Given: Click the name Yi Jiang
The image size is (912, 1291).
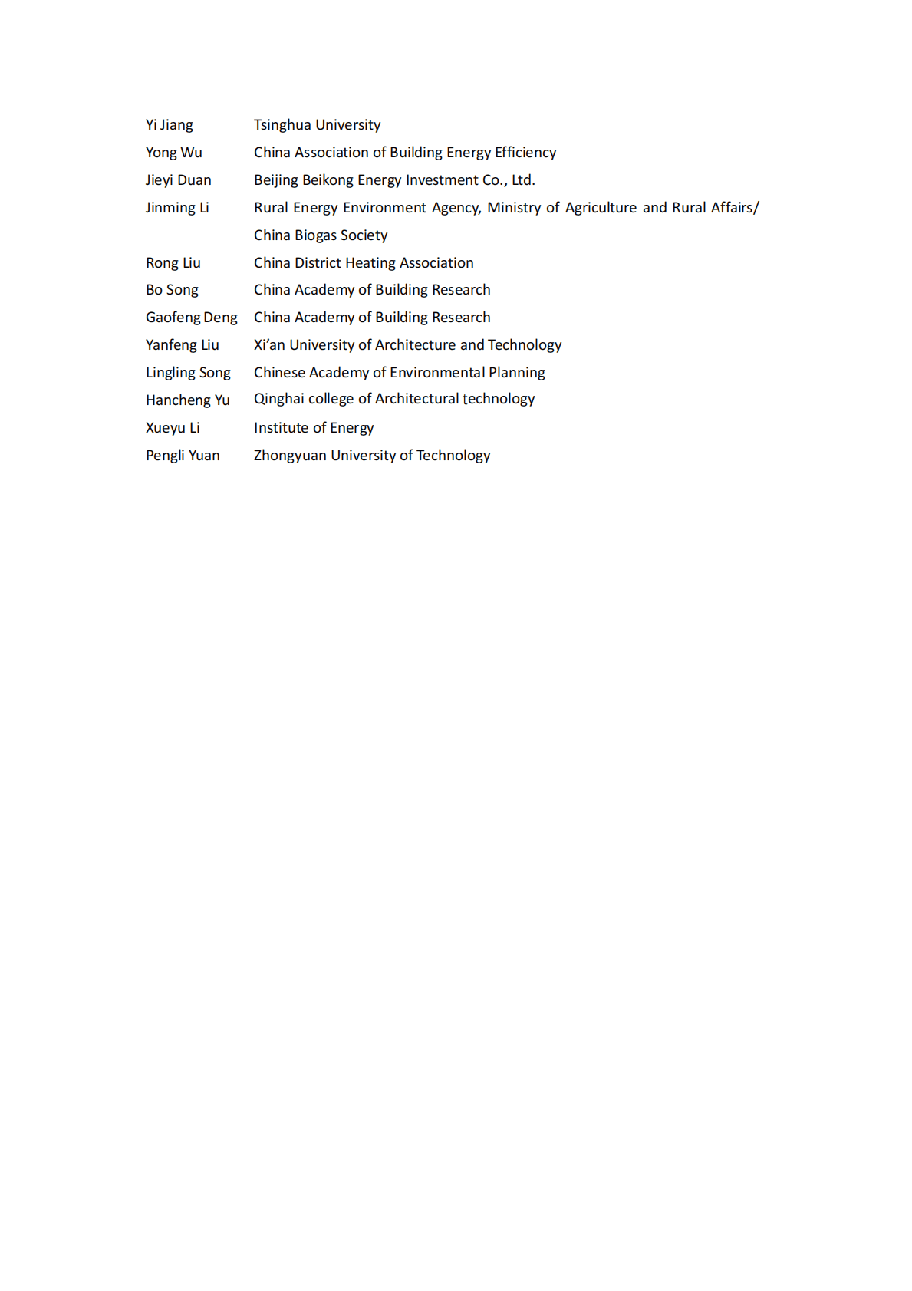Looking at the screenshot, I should (x=170, y=125).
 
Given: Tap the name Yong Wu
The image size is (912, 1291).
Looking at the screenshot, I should (x=174, y=153).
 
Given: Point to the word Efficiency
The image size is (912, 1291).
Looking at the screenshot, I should (x=525, y=153).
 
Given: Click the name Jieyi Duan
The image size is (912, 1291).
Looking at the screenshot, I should (x=179, y=180).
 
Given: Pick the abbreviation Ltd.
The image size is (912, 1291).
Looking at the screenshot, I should (x=523, y=180).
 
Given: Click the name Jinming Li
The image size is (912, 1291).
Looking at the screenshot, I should (x=177, y=208).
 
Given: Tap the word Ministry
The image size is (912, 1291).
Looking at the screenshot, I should (x=514, y=208).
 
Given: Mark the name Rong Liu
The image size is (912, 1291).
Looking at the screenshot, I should (x=173, y=263).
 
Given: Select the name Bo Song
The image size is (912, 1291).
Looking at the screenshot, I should (x=172, y=290).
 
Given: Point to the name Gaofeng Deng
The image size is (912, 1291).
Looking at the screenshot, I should (x=192, y=318).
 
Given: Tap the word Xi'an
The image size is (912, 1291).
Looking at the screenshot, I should (x=269, y=345).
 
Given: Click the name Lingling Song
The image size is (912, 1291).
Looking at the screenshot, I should (x=188, y=373).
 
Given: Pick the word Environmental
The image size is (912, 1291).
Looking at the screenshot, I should (x=437, y=373).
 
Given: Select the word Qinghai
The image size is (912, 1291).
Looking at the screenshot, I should (x=278, y=400).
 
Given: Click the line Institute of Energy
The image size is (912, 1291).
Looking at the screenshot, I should (x=314, y=428).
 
